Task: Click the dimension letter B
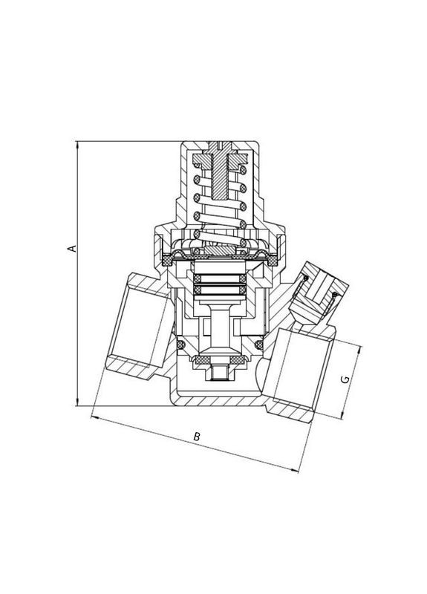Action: [197, 437]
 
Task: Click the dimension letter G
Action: [344, 379]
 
